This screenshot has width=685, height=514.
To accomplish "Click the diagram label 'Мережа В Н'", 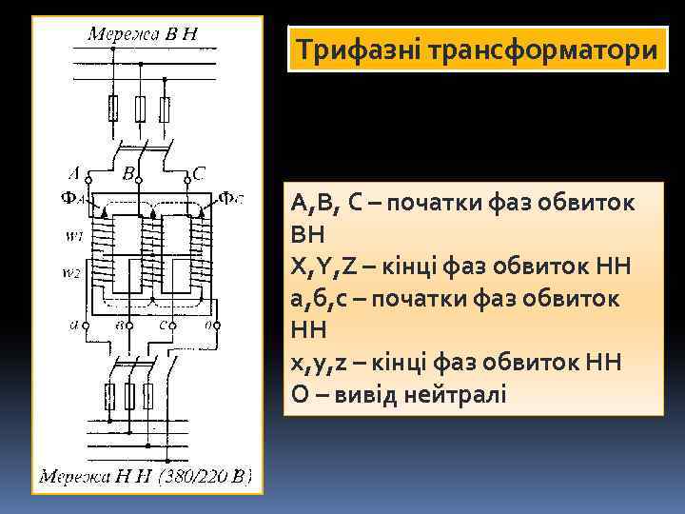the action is coord(143,35).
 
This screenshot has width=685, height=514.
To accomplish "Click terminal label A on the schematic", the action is coord(75,173).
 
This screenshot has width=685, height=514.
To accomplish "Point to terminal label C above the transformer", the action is coord(198,173).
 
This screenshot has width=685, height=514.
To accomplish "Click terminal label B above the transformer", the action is coord(127,174).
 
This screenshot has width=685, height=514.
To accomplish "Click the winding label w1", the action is coord(73,235).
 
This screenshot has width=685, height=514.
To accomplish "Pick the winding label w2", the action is coord(73,274).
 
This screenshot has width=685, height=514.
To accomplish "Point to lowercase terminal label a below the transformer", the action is coord(73,325).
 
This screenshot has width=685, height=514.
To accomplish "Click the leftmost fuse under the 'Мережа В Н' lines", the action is coord(114,109).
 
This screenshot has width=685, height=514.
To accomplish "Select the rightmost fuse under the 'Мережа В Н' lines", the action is coord(166,109).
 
